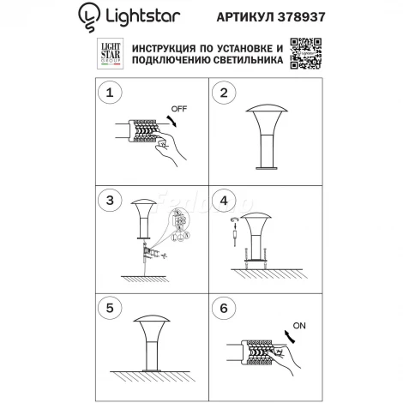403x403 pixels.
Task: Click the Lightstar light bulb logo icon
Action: (87, 14)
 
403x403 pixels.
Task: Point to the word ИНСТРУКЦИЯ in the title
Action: (165, 45)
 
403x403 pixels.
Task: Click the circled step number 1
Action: (110, 93)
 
